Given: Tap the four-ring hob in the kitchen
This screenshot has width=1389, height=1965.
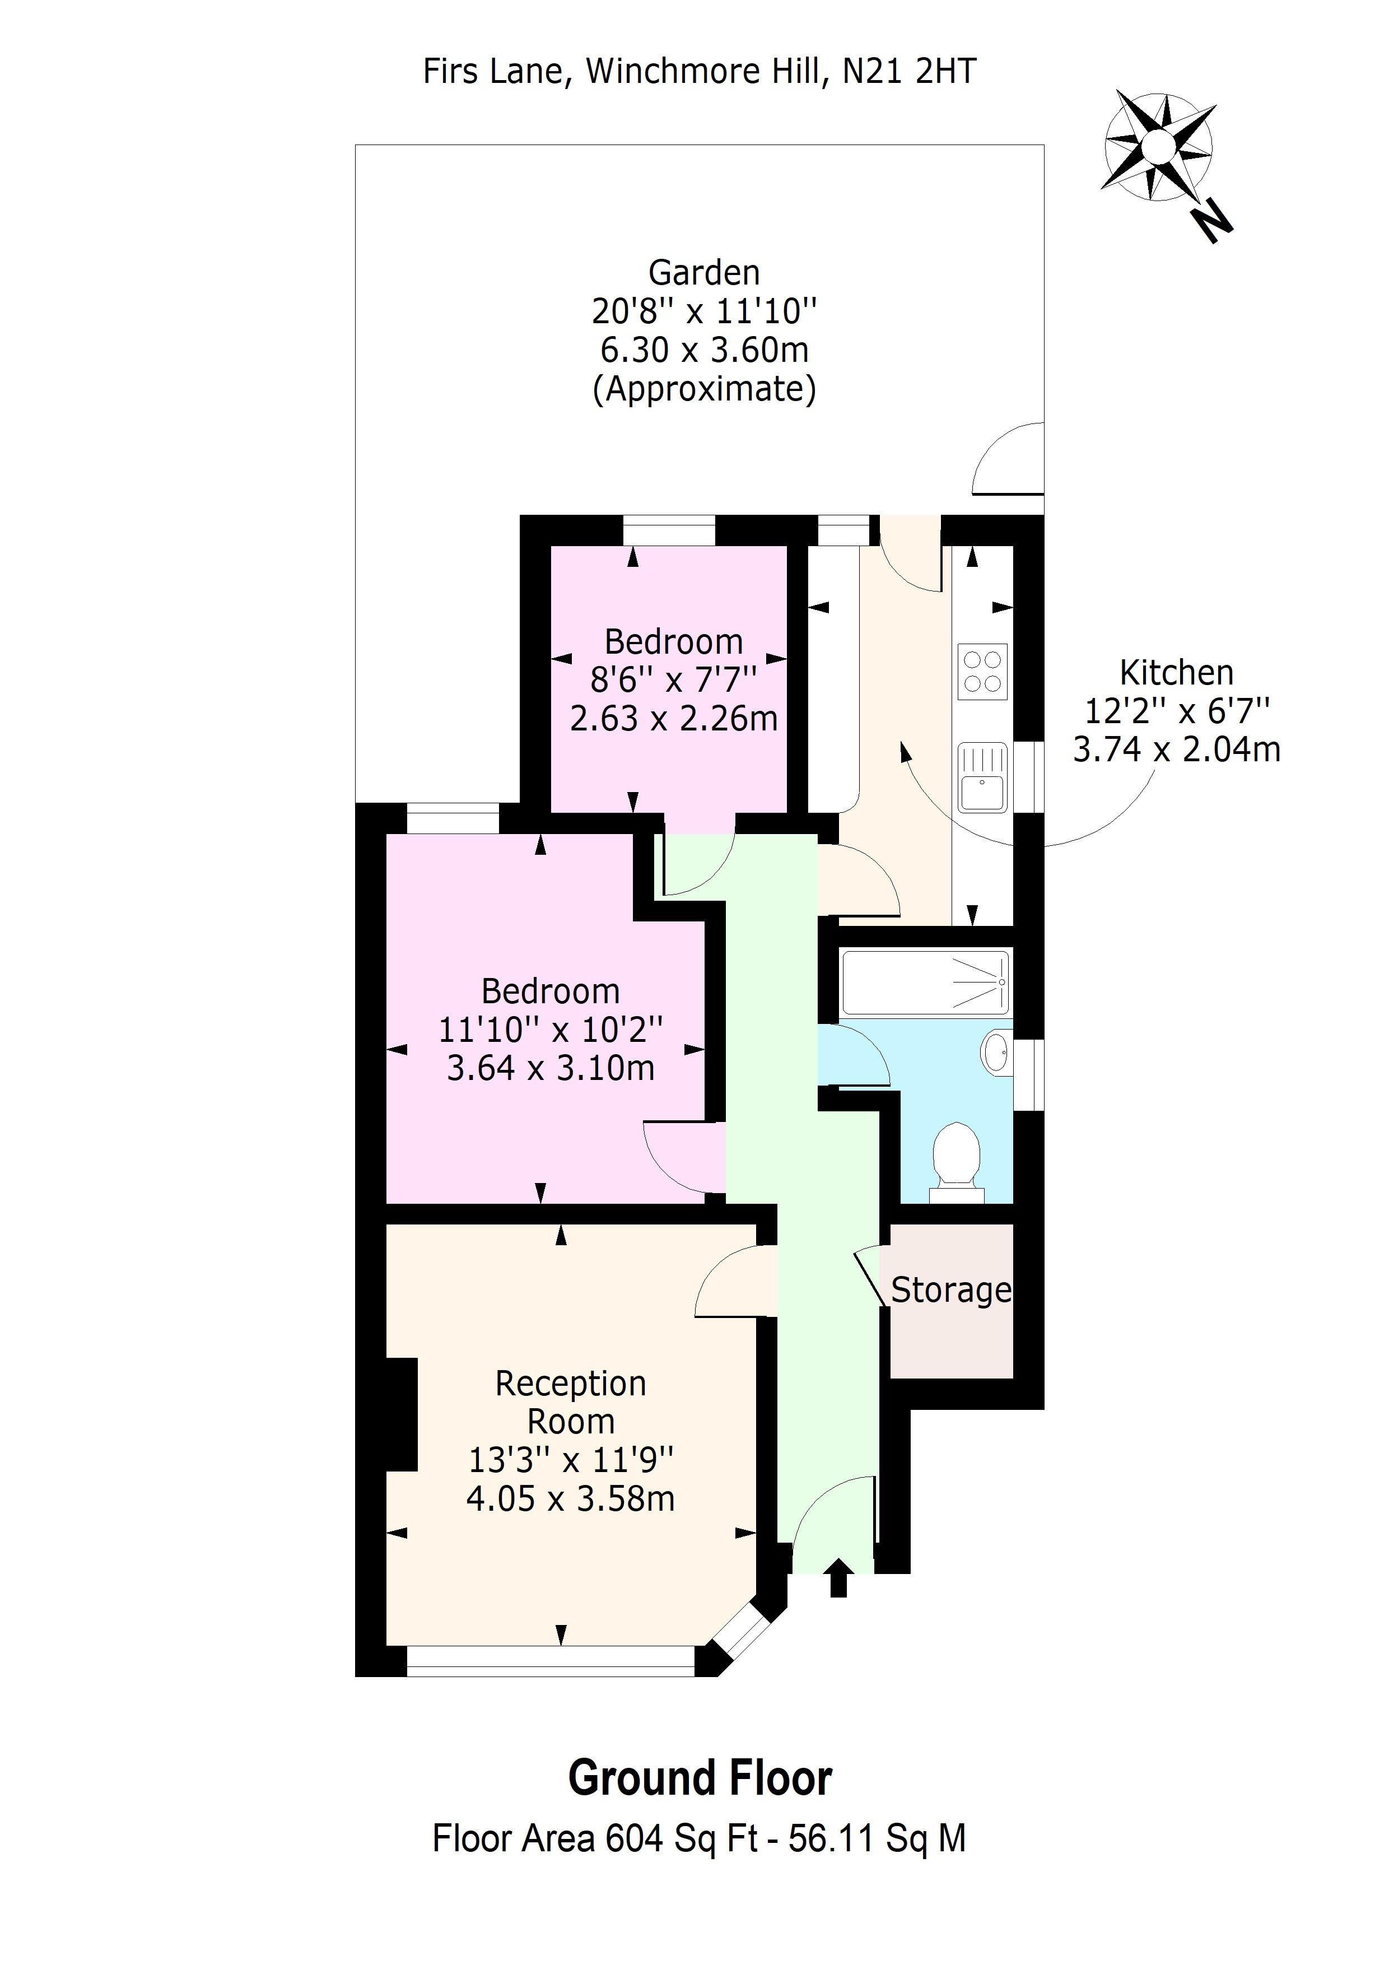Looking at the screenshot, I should (x=982, y=672).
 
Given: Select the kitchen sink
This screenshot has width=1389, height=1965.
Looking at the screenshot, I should (x=982, y=777).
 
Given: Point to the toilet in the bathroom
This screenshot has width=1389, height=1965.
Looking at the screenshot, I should (x=956, y=1157).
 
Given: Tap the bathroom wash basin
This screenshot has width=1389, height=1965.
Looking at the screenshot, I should (x=997, y=1052).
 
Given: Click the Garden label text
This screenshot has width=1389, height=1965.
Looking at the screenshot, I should (x=703, y=273).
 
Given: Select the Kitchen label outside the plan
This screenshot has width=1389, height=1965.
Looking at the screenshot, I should (x=1176, y=673).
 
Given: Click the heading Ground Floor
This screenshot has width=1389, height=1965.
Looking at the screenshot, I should (x=699, y=1778).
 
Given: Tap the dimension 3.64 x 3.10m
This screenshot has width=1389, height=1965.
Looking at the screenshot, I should (x=551, y=1067).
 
